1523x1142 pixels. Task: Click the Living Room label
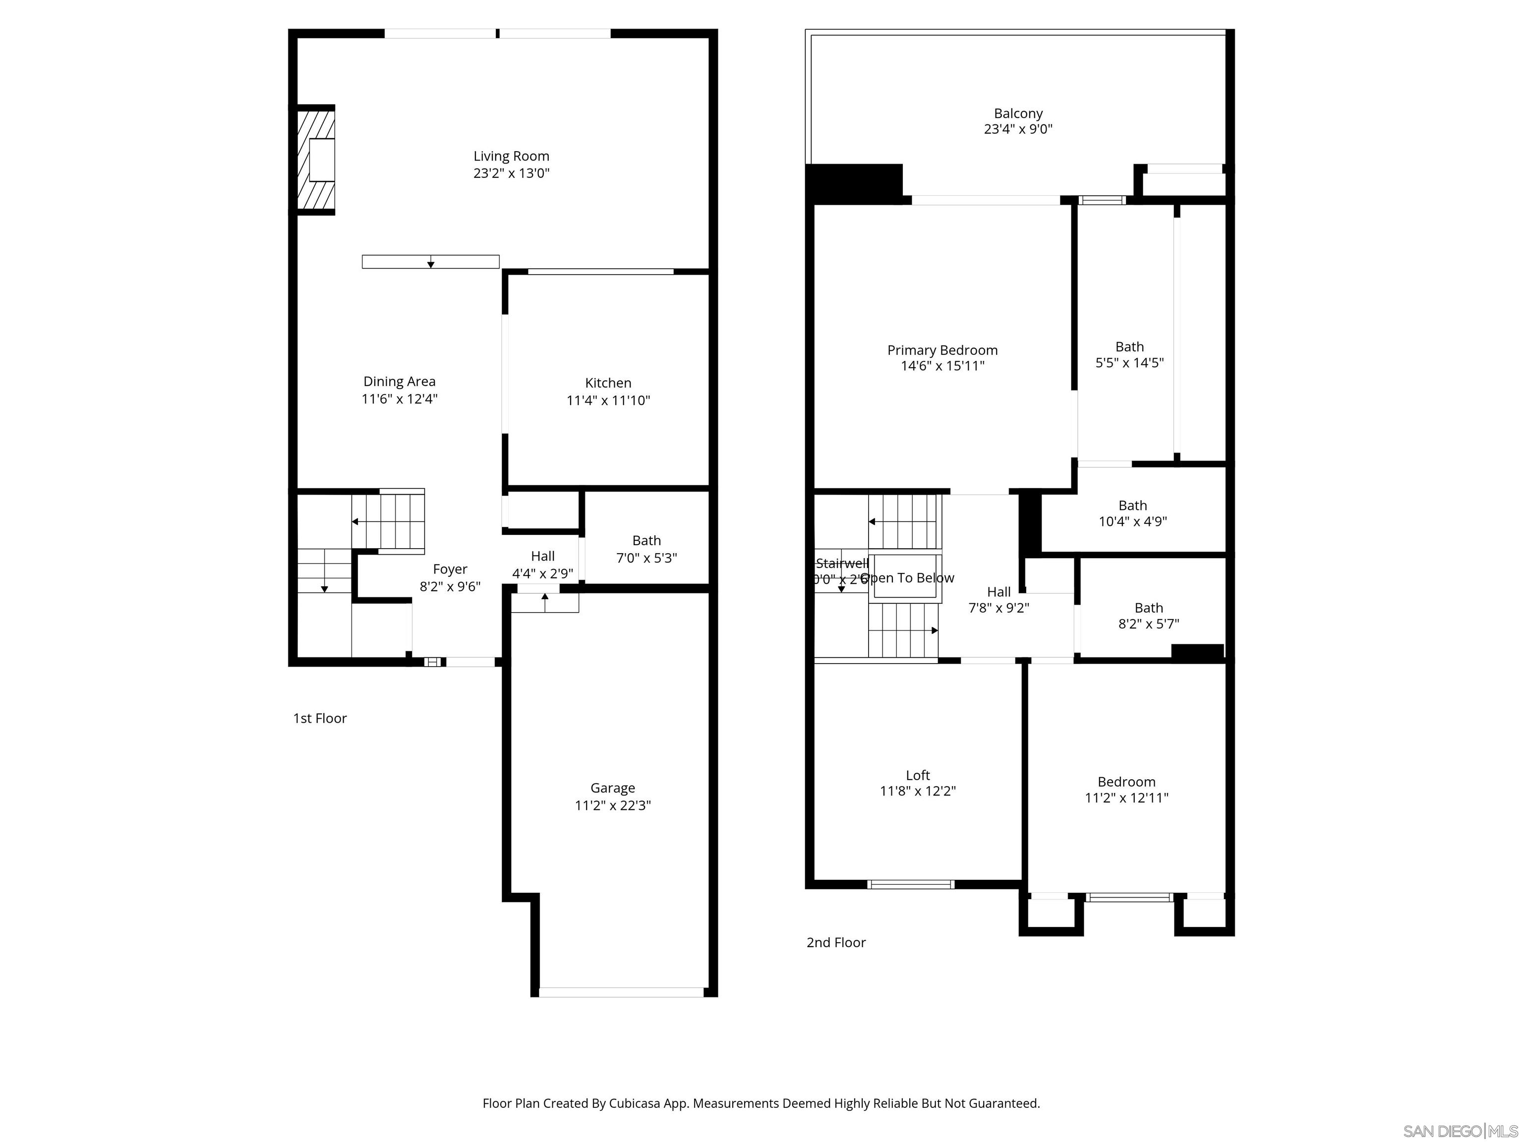click(511, 156)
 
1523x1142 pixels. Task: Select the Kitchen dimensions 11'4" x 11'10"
click(608, 400)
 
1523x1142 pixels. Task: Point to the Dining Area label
click(399, 381)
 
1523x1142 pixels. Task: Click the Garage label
click(612, 788)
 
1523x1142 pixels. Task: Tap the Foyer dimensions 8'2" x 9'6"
click(450, 586)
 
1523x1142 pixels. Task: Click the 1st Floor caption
click(319, 718)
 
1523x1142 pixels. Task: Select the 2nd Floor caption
click(835, 942)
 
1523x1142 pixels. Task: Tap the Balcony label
click(1018, 114)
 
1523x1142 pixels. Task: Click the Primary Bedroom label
click(942, 350)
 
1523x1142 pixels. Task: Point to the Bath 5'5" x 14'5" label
click(1129, 354)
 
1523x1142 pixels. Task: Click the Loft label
click(917, 775)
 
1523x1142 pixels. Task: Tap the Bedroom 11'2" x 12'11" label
click(1126, 782)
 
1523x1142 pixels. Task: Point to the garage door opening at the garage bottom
click(621, 992)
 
